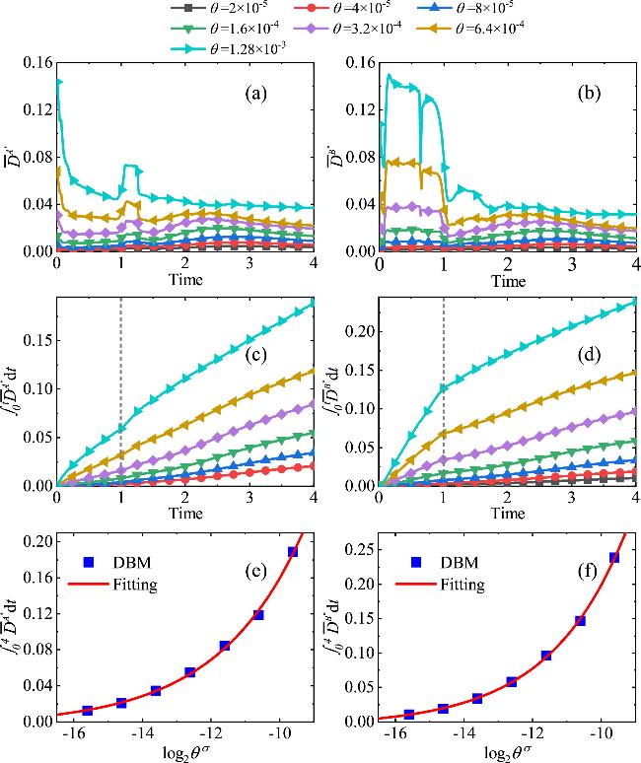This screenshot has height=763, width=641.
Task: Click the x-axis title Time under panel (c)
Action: (x=184, y=514)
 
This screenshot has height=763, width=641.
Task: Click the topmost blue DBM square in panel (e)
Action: (x=293, y=552)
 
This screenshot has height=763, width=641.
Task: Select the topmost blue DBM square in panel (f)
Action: (x=614, y=558)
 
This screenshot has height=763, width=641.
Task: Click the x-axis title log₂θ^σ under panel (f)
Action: (x=508, y=752)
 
